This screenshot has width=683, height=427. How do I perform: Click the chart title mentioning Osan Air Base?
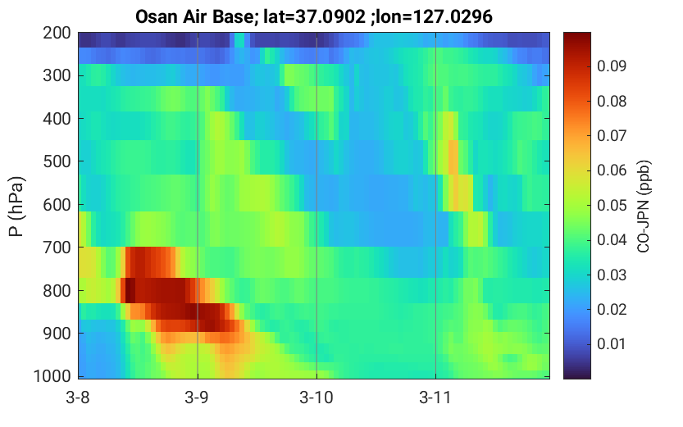(x=313, y=17)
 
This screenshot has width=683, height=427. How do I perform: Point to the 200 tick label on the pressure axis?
(x=57, y=33)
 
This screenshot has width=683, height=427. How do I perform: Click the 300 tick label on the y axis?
(x=57, y=75)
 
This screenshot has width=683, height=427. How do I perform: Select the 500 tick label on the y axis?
(x=57, y=161)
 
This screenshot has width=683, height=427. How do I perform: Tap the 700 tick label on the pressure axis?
(x=57, y=248)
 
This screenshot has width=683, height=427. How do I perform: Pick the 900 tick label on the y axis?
(x=57, y=334)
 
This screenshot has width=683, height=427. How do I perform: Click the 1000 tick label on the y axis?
(x=52, y=376)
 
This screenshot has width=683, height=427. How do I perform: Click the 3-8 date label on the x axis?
(x=78, y=397)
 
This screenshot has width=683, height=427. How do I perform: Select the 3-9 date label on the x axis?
(x=198, y=397)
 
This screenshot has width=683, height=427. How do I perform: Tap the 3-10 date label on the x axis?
(x=316, y=397)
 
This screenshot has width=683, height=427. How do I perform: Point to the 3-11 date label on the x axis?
(x=435, y=397)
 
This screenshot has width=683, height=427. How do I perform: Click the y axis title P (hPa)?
(x=16, y=207)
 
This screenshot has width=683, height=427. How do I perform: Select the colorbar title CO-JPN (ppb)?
(x=644, y=207)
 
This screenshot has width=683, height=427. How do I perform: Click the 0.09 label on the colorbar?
(x=612, y=66)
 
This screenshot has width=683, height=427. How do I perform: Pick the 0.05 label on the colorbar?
(x=612, y=205)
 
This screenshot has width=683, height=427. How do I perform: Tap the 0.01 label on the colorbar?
(x=612, y=344)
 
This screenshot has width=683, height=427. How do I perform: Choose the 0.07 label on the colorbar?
(x=612, y=136)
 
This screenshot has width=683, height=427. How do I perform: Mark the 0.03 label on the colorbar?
(x=612, y=275)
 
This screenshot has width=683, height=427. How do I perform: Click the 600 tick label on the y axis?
(x=57, y=205)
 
